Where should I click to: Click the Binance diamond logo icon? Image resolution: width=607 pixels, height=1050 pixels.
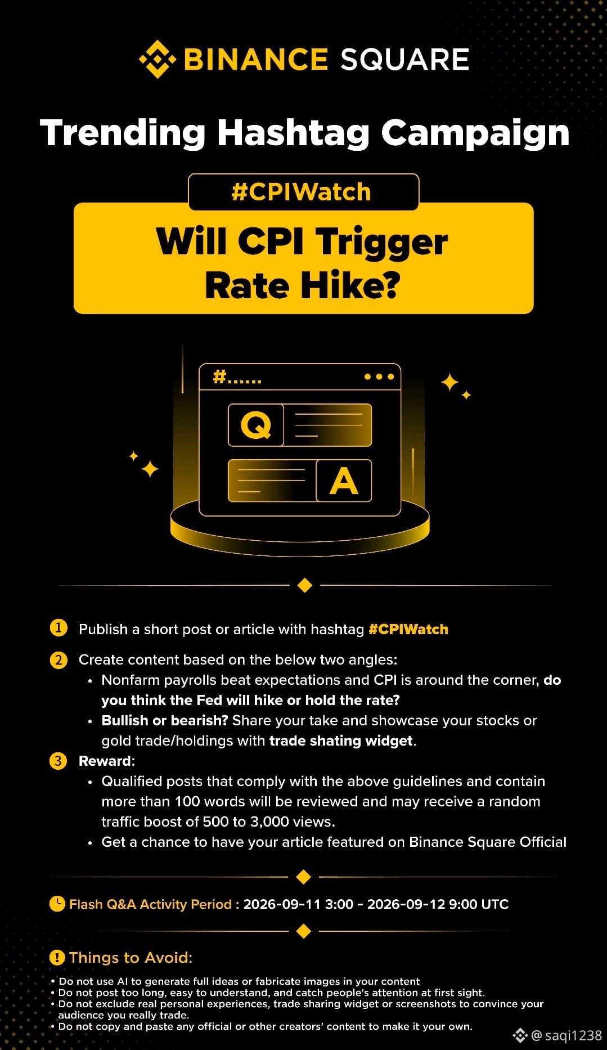(158, 59)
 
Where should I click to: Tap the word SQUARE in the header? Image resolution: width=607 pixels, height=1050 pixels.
(404, 60)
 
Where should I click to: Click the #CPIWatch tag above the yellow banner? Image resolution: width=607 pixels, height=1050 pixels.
(302, 192)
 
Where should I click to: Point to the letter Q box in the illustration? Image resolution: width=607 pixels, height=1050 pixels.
(256, 425)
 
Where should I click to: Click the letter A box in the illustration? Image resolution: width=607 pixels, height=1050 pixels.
(344, 481)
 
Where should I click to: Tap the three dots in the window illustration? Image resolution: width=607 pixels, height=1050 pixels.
(379, 376)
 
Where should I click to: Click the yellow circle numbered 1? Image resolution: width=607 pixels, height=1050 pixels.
(59, 627)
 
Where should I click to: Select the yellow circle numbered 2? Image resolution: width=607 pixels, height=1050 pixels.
(59, 659)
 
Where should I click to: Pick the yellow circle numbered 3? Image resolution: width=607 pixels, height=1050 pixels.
(59, 761)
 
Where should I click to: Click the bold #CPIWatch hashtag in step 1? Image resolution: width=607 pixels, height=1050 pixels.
(408, 629)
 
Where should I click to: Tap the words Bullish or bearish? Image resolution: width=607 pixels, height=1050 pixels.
(165, 721)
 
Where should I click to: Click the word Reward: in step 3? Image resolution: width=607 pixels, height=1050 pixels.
(107, 761)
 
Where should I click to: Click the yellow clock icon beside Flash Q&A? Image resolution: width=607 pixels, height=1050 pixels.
(57, 903)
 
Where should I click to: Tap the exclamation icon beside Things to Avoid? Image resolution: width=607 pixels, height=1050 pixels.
(57, 957)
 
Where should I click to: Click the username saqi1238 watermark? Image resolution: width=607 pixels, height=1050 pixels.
(573, 1035)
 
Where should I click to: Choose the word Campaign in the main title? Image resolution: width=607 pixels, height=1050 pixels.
(475, 133)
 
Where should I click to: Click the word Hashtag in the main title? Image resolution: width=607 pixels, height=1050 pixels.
(293, 133)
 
